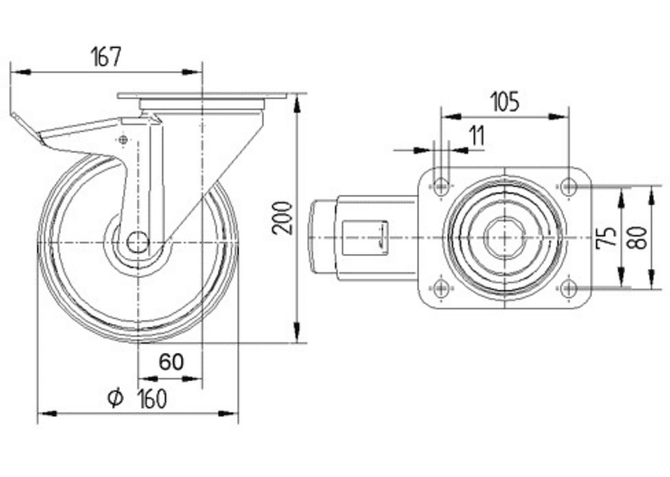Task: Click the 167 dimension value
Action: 105,57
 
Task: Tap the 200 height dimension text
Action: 283,217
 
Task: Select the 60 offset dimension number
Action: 171,362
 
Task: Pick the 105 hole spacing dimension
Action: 504,102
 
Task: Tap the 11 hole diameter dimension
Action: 476,136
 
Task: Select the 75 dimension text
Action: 606,237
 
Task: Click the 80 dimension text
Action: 640,237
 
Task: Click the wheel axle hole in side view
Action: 137,242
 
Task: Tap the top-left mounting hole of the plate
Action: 441,187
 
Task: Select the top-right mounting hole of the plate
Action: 568,187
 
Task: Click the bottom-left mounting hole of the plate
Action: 441,288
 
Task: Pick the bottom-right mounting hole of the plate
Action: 568,288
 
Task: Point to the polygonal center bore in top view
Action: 504,237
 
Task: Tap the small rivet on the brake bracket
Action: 121,140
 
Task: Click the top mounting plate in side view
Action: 201,96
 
